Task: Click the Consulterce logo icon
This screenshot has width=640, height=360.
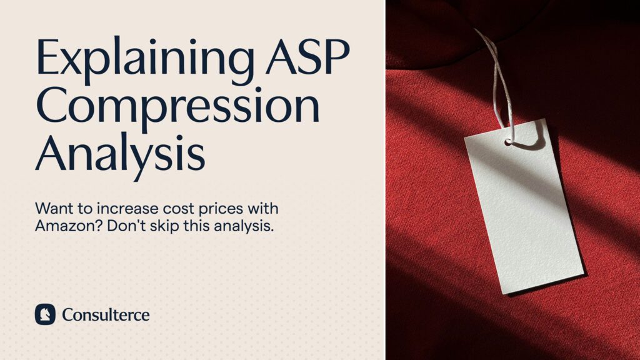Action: [45, 314]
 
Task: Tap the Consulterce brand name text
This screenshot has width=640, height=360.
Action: [106, 314]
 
